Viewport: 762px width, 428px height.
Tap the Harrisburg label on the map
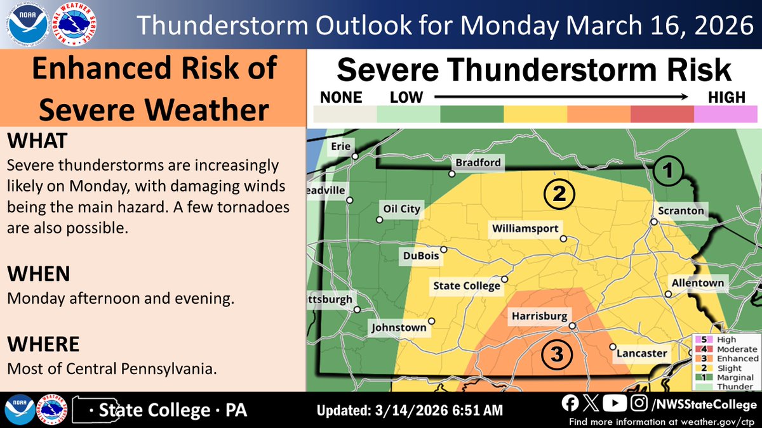[538, 315]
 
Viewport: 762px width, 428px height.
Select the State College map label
[466, 286]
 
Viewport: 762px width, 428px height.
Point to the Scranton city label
[681, 211]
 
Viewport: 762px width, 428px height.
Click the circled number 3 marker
[557, 355]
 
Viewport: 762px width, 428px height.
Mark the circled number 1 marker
[669, 170]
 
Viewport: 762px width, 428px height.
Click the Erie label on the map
[340, 146]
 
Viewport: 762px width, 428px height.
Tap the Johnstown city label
[399, 328]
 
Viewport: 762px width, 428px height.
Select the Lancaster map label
[642, 353]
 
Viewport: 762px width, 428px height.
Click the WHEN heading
[39, 274]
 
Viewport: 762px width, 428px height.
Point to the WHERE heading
[43, 344]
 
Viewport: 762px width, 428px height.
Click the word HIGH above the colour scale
[727, 98]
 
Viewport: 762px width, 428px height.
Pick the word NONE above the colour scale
[341, 98]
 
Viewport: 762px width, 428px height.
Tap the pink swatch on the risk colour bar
[726, 114]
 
